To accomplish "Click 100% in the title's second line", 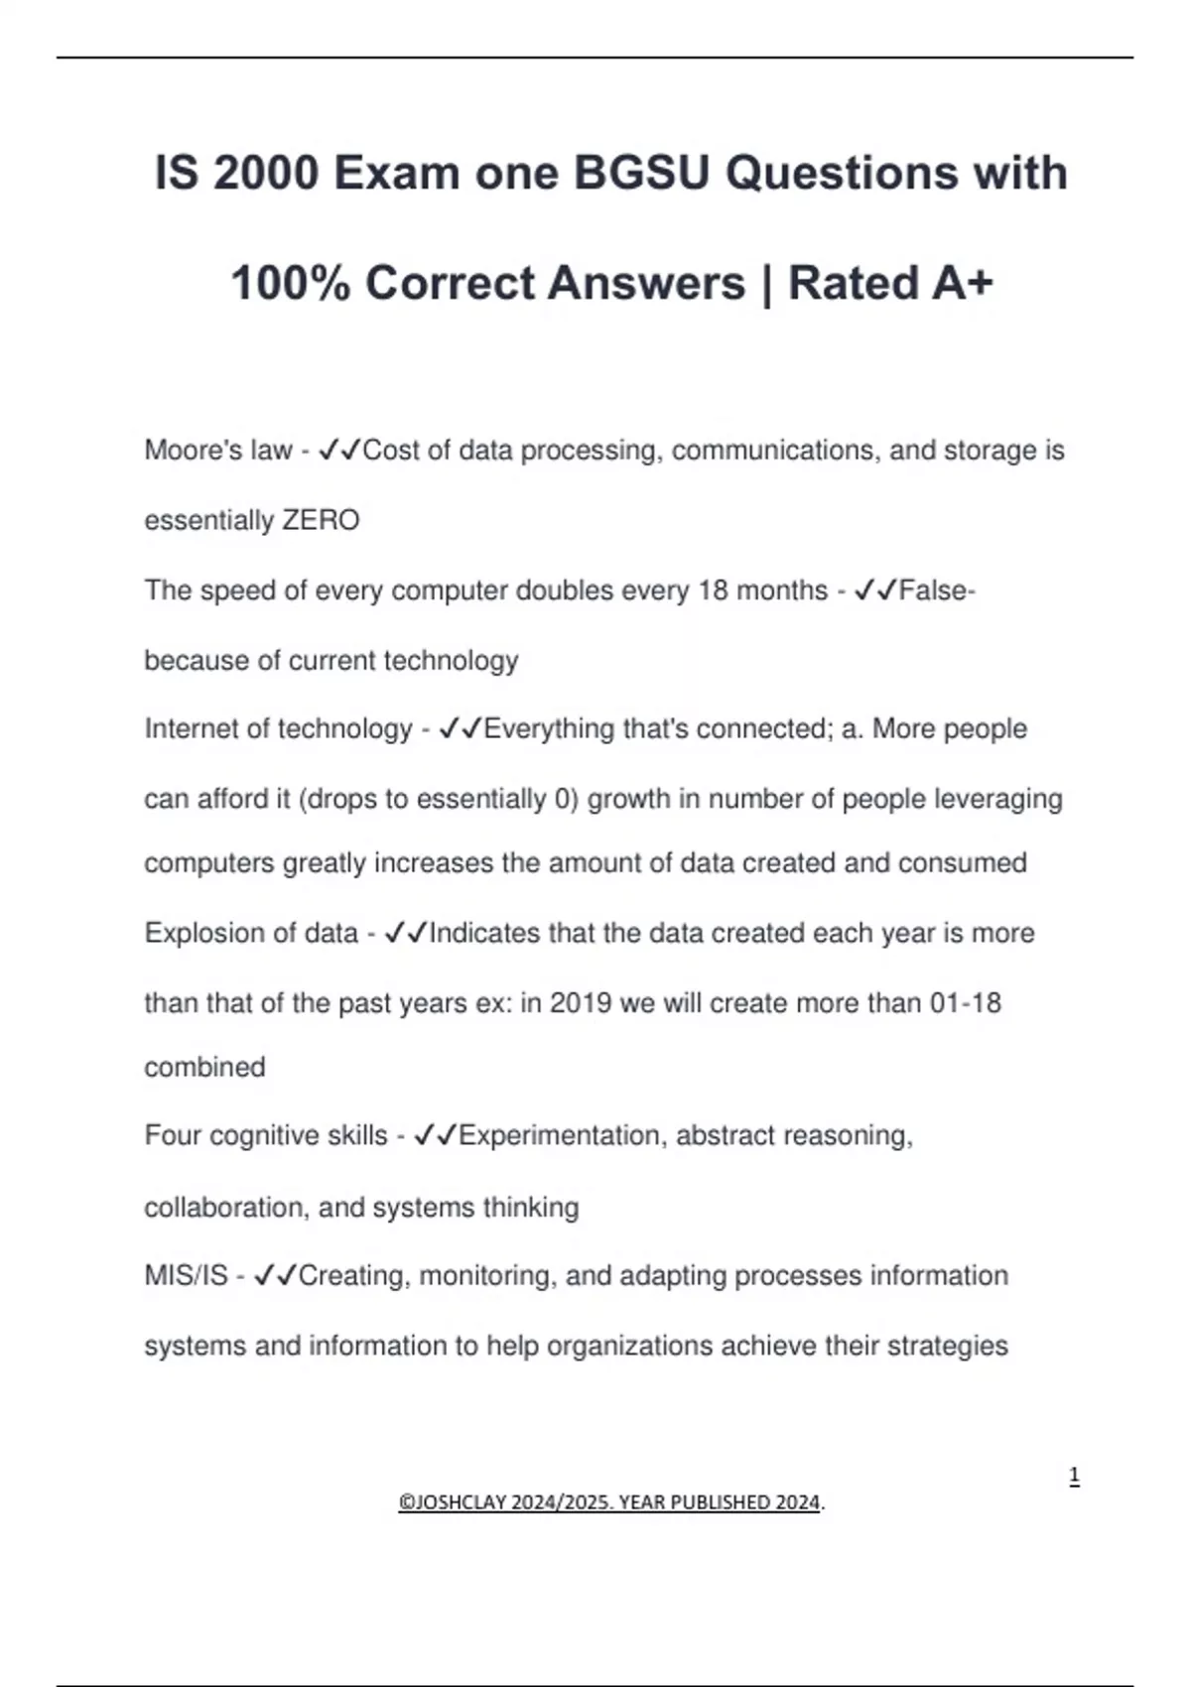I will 290,283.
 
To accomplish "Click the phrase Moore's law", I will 218,451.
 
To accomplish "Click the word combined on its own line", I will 204,1068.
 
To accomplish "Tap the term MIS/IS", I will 186,1275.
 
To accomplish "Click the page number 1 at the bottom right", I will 1074,1477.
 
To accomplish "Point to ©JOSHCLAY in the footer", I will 452,1502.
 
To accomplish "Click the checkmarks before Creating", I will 275,1275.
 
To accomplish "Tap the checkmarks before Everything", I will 460,729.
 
